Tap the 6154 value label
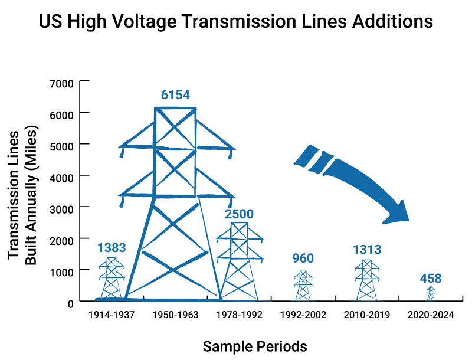click(175, 95)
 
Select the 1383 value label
click(112, 248)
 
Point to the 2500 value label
click(239, 214)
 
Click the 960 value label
click(303, 258)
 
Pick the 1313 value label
click(366, 249)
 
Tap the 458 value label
click(431, 278)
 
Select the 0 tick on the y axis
click(69, 302)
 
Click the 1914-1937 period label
click(112, 315)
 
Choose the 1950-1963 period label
click(175, 315)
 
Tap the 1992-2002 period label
click(303, 315)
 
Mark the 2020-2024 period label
click(431, 315)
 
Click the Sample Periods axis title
click(255, 346)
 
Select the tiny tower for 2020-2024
click(431, 294)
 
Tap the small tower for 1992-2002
click(303, 286)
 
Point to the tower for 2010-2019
click(366, 281)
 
